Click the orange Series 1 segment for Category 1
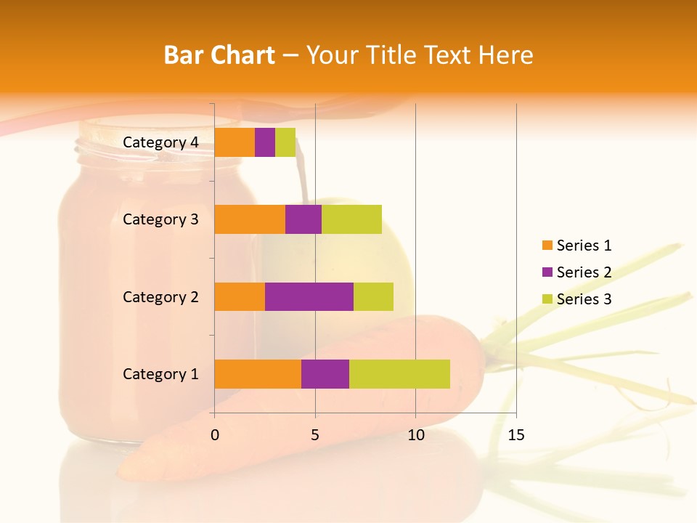[258, 374]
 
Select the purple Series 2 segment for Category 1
[325, 374]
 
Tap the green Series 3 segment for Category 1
[399, 374]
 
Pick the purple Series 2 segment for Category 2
[309, 296]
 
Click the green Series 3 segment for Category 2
[373, 296]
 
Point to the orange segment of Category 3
[250, 219]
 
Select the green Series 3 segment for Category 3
[351, 219]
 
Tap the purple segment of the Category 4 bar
[265, 142]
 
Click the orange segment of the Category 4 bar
[235, 142]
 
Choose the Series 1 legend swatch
[547, 246]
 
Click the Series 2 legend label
[584, 272]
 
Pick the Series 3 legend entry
[576, 299]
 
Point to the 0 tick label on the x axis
[215, 435]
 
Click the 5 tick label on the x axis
[315, 435]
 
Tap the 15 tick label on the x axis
[515, 435]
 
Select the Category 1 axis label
[160, 374]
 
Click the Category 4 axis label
[160, 142]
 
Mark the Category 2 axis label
[160, 296]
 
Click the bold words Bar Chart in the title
[219, 55]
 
